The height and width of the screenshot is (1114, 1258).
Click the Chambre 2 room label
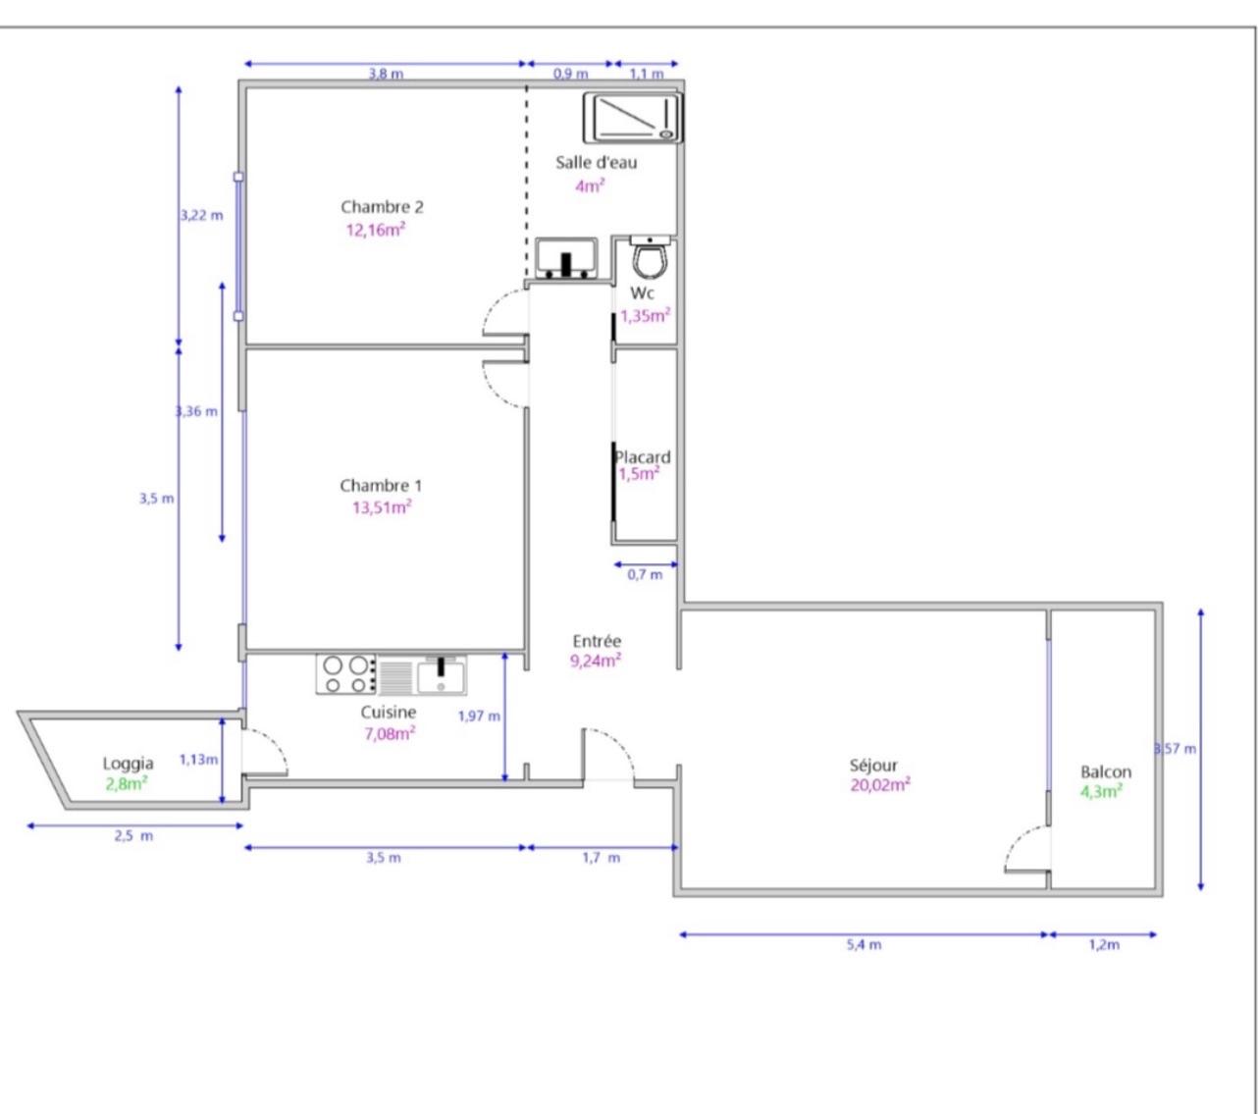coord(382,207)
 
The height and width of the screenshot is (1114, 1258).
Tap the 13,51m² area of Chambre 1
coord(382,507)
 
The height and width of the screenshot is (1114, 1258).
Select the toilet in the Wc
coord(651,257)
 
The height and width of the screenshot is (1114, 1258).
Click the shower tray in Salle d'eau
coord(633,118)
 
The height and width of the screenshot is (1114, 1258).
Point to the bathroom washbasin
coord(566,258)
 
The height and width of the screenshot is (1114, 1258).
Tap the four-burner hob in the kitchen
coord(345,674)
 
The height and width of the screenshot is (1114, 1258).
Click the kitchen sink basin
coord(441,676)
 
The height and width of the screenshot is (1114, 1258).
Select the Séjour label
coord(873,766)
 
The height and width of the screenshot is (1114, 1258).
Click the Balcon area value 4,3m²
coord(1101,791)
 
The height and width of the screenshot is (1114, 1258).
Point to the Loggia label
coord(128,764)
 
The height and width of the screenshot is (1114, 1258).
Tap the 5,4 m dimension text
coord(864,944)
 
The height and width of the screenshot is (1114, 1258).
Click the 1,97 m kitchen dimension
coord(479,716)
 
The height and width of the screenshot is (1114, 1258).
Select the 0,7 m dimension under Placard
coord(645,574)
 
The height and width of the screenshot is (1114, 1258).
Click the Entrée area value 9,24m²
coord(596,661)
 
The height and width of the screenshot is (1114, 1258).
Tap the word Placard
coord(643,457)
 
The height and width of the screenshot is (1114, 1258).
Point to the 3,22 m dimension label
coord(202,216)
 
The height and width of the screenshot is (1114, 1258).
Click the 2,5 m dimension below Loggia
coord(133,836)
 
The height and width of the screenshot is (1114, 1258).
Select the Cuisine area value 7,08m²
coord(390,733)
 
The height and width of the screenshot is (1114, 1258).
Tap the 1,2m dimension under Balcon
coord(1104,944)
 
